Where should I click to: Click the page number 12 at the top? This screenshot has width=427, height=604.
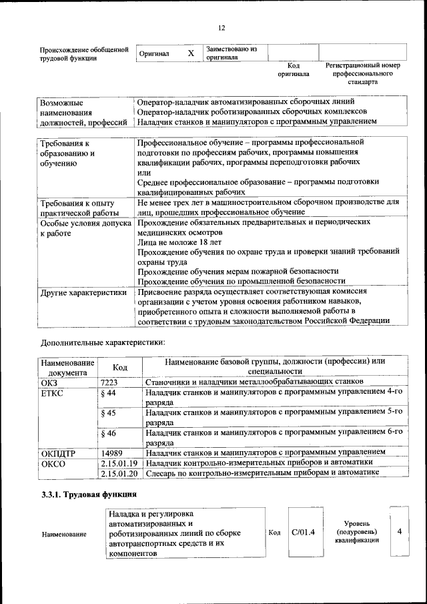pos(221,27)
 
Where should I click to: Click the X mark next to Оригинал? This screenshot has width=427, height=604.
pos(191,53)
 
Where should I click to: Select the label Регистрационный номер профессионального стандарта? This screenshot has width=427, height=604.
pos(362,74)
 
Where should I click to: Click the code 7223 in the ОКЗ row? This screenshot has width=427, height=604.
pos(109,382)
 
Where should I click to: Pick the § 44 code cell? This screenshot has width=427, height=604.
pos(109,394)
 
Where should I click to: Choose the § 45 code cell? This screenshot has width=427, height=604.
pos(109,414)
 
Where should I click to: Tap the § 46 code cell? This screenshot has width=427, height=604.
pos(109,433)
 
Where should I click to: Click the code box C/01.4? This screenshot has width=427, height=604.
pos(303,532)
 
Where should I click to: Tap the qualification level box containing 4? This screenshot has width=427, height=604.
pos(399,532)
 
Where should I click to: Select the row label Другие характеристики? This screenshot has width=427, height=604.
pos(83,292)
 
